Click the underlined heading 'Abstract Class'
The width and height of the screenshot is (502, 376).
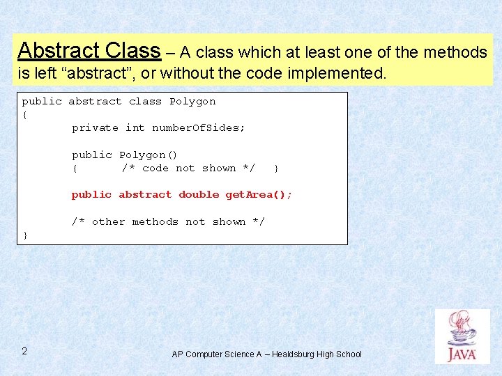[x=89, y=50]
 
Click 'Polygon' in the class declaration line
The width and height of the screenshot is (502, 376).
[x=192, y=102]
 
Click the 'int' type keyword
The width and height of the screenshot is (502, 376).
[x=135, y=128]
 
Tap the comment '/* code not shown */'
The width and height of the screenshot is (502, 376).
[x=188, y=169]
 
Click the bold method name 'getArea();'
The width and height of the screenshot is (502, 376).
[x=259, y=195]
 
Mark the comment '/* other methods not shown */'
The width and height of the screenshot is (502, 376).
[x=168, y=222]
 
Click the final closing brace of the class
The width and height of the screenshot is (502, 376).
[x=25, y=235]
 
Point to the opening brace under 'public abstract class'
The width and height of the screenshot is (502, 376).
[x=25, y=115]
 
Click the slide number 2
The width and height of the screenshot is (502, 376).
[x=24, y=351]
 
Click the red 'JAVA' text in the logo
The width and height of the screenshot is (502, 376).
[x=462, y=354]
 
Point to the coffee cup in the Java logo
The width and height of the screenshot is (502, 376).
[x=461, y=330]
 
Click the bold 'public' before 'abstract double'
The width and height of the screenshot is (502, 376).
[x=91, y=195]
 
